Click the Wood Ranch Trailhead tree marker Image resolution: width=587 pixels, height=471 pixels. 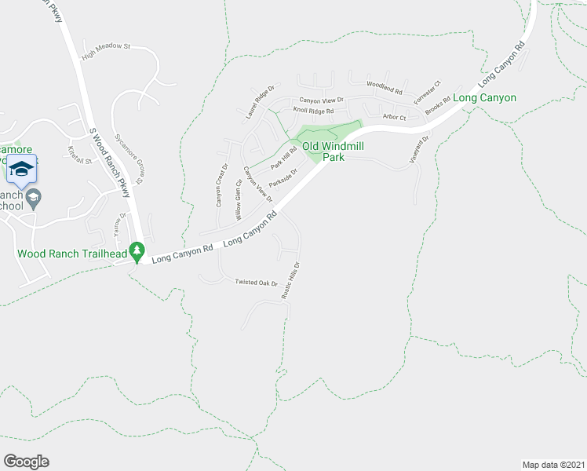138,251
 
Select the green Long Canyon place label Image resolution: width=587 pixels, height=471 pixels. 485,98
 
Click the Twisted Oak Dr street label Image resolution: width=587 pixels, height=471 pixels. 257,283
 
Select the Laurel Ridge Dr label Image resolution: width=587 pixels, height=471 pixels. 262,101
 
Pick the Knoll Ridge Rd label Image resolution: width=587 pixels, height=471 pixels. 313,111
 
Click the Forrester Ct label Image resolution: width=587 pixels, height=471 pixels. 428,93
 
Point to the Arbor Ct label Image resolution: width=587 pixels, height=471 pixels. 394,118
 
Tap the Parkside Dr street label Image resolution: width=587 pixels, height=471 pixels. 283,178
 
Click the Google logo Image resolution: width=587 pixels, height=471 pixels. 26,462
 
